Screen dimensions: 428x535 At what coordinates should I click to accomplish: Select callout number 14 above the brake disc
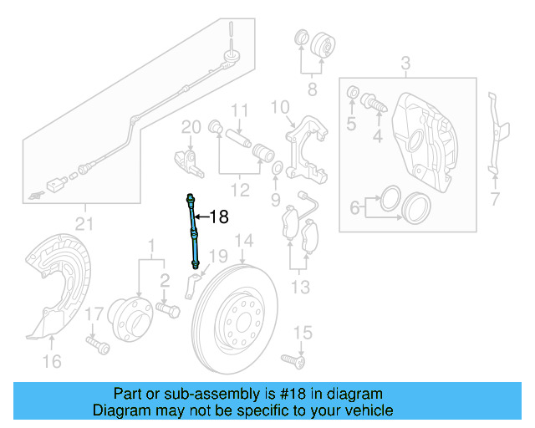click(x=242, y=243)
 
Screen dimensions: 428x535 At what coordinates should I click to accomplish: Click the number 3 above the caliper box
click(x=405, y=64)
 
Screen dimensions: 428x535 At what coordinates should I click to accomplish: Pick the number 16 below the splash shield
click(x=52, y=361)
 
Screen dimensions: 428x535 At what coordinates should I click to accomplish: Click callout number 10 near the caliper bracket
click(x=279, y=107)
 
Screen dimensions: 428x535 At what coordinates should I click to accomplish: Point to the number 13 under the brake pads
click(x=300, y=288)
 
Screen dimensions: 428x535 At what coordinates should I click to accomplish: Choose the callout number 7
click(x=495, y=199)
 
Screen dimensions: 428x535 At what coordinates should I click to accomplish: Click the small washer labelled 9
click(x=277, y=173)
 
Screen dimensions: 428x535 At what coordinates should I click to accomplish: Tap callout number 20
click(x=191, y=127)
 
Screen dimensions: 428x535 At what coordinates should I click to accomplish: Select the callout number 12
click(x=240, y=191)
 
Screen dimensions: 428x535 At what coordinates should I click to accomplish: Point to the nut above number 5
click(x=353, y=90)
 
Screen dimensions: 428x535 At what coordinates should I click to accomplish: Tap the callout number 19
click(x=217, y=256)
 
